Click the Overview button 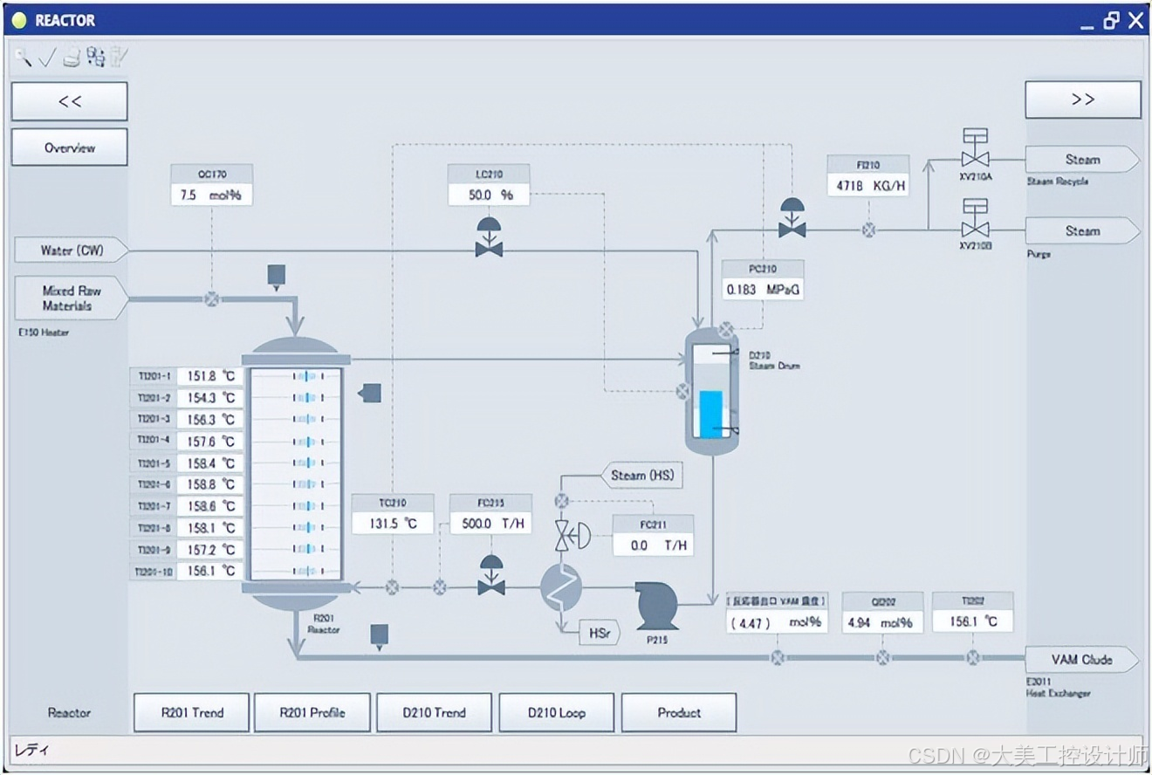coord(70,147)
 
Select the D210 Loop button coord(556,712)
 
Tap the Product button coord(679,712)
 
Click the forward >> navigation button coord(1082,99)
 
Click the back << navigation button coord(70,101)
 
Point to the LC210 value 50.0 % coord(490,195)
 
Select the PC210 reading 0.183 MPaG coord(763,289)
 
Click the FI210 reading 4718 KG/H coord(867,185)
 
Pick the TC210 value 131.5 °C coord(393,524)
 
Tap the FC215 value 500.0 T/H coord(490,524)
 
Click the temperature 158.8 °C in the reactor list coord(210,484)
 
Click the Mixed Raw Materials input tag coord(70,298)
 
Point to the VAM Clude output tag coord(1080,660)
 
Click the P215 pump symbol coord(656,604)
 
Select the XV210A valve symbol coord(974,153)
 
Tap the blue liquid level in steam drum coord(711,415)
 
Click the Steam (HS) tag coord(641,476)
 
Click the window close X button coord(1135,20)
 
